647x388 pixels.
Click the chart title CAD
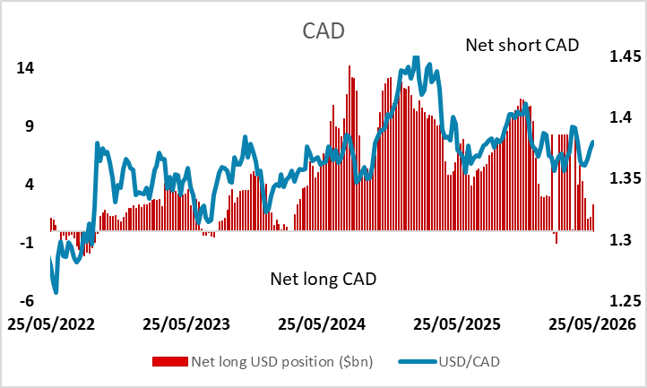[323, 31]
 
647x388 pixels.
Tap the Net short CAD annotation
[522, 45]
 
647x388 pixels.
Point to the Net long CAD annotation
[323, 279]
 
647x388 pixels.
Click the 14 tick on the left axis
[25, 68]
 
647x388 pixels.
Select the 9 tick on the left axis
[30, 125]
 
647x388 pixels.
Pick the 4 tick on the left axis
[30, 184]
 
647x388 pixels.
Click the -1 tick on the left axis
[27, 242]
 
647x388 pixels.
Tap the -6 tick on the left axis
[27, 300]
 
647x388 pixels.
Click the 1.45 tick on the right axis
[625, 56]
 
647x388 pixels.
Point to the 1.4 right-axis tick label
[621, 117]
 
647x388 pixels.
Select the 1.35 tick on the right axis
[625, 178]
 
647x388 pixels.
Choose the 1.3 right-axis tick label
[621, 239]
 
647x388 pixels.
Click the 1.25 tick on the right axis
[625, 300]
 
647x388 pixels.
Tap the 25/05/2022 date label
[51, 324]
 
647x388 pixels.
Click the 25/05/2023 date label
[186, 324]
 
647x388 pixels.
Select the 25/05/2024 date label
[322, 324]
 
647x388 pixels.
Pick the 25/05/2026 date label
[592, 324]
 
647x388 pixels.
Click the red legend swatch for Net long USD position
[170, 362]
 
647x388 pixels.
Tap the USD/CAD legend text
[470, 362]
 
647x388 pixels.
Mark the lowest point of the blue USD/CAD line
[56, 292]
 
